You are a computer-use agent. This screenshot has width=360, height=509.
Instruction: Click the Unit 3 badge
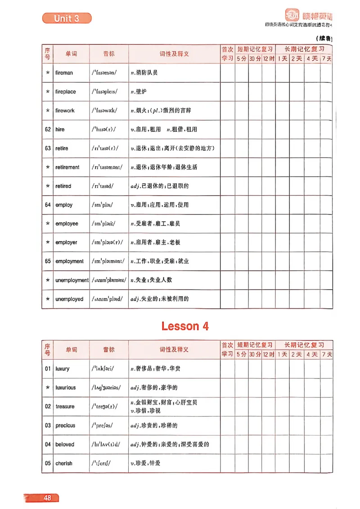coord(67,18)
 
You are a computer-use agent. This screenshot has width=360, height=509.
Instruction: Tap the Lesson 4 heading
coord(185,326)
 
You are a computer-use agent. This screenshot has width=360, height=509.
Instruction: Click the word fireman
coord(64,72)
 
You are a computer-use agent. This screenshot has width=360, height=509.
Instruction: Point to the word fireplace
coord(66,91)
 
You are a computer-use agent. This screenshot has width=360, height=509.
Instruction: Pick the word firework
coord(65,110)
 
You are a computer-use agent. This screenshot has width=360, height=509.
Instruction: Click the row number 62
coord(48,129)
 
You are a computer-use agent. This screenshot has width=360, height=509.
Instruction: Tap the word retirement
coord(67,167)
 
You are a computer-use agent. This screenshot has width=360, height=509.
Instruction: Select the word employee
coord(67,223)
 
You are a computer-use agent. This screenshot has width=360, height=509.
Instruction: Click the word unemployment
coord(72,280)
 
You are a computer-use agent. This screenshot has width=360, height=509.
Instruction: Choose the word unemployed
coord(69,299)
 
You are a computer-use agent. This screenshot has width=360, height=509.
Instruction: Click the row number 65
coord(48,261)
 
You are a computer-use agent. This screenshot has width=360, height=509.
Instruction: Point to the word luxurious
coord(66,388)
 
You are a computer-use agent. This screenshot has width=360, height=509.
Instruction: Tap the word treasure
coord(65,406)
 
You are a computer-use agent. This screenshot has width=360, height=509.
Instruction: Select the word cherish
coord(64,463)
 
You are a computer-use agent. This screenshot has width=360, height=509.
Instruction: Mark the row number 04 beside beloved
coord(48,444)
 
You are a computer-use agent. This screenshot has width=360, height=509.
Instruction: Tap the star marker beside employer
coord(48,242)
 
